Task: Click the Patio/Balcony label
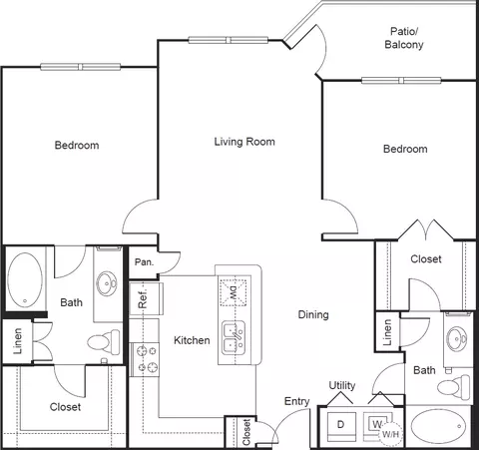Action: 404,38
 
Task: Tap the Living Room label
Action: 244,142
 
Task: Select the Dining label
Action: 313,314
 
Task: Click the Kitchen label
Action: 192,340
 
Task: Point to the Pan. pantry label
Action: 144,262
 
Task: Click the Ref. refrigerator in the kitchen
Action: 146,298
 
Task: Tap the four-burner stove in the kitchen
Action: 144,359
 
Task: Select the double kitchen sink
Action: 234,336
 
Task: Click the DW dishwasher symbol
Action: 233,292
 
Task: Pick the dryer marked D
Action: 341,425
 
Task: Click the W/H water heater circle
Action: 390,433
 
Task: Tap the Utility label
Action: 342,385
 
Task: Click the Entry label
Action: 296,401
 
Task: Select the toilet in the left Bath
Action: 104,342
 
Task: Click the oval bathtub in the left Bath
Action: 25,280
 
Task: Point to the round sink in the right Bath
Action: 457,338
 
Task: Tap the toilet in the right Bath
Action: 454,387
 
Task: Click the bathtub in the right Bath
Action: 438,426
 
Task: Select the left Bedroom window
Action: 81,67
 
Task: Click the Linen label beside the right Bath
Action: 387,332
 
